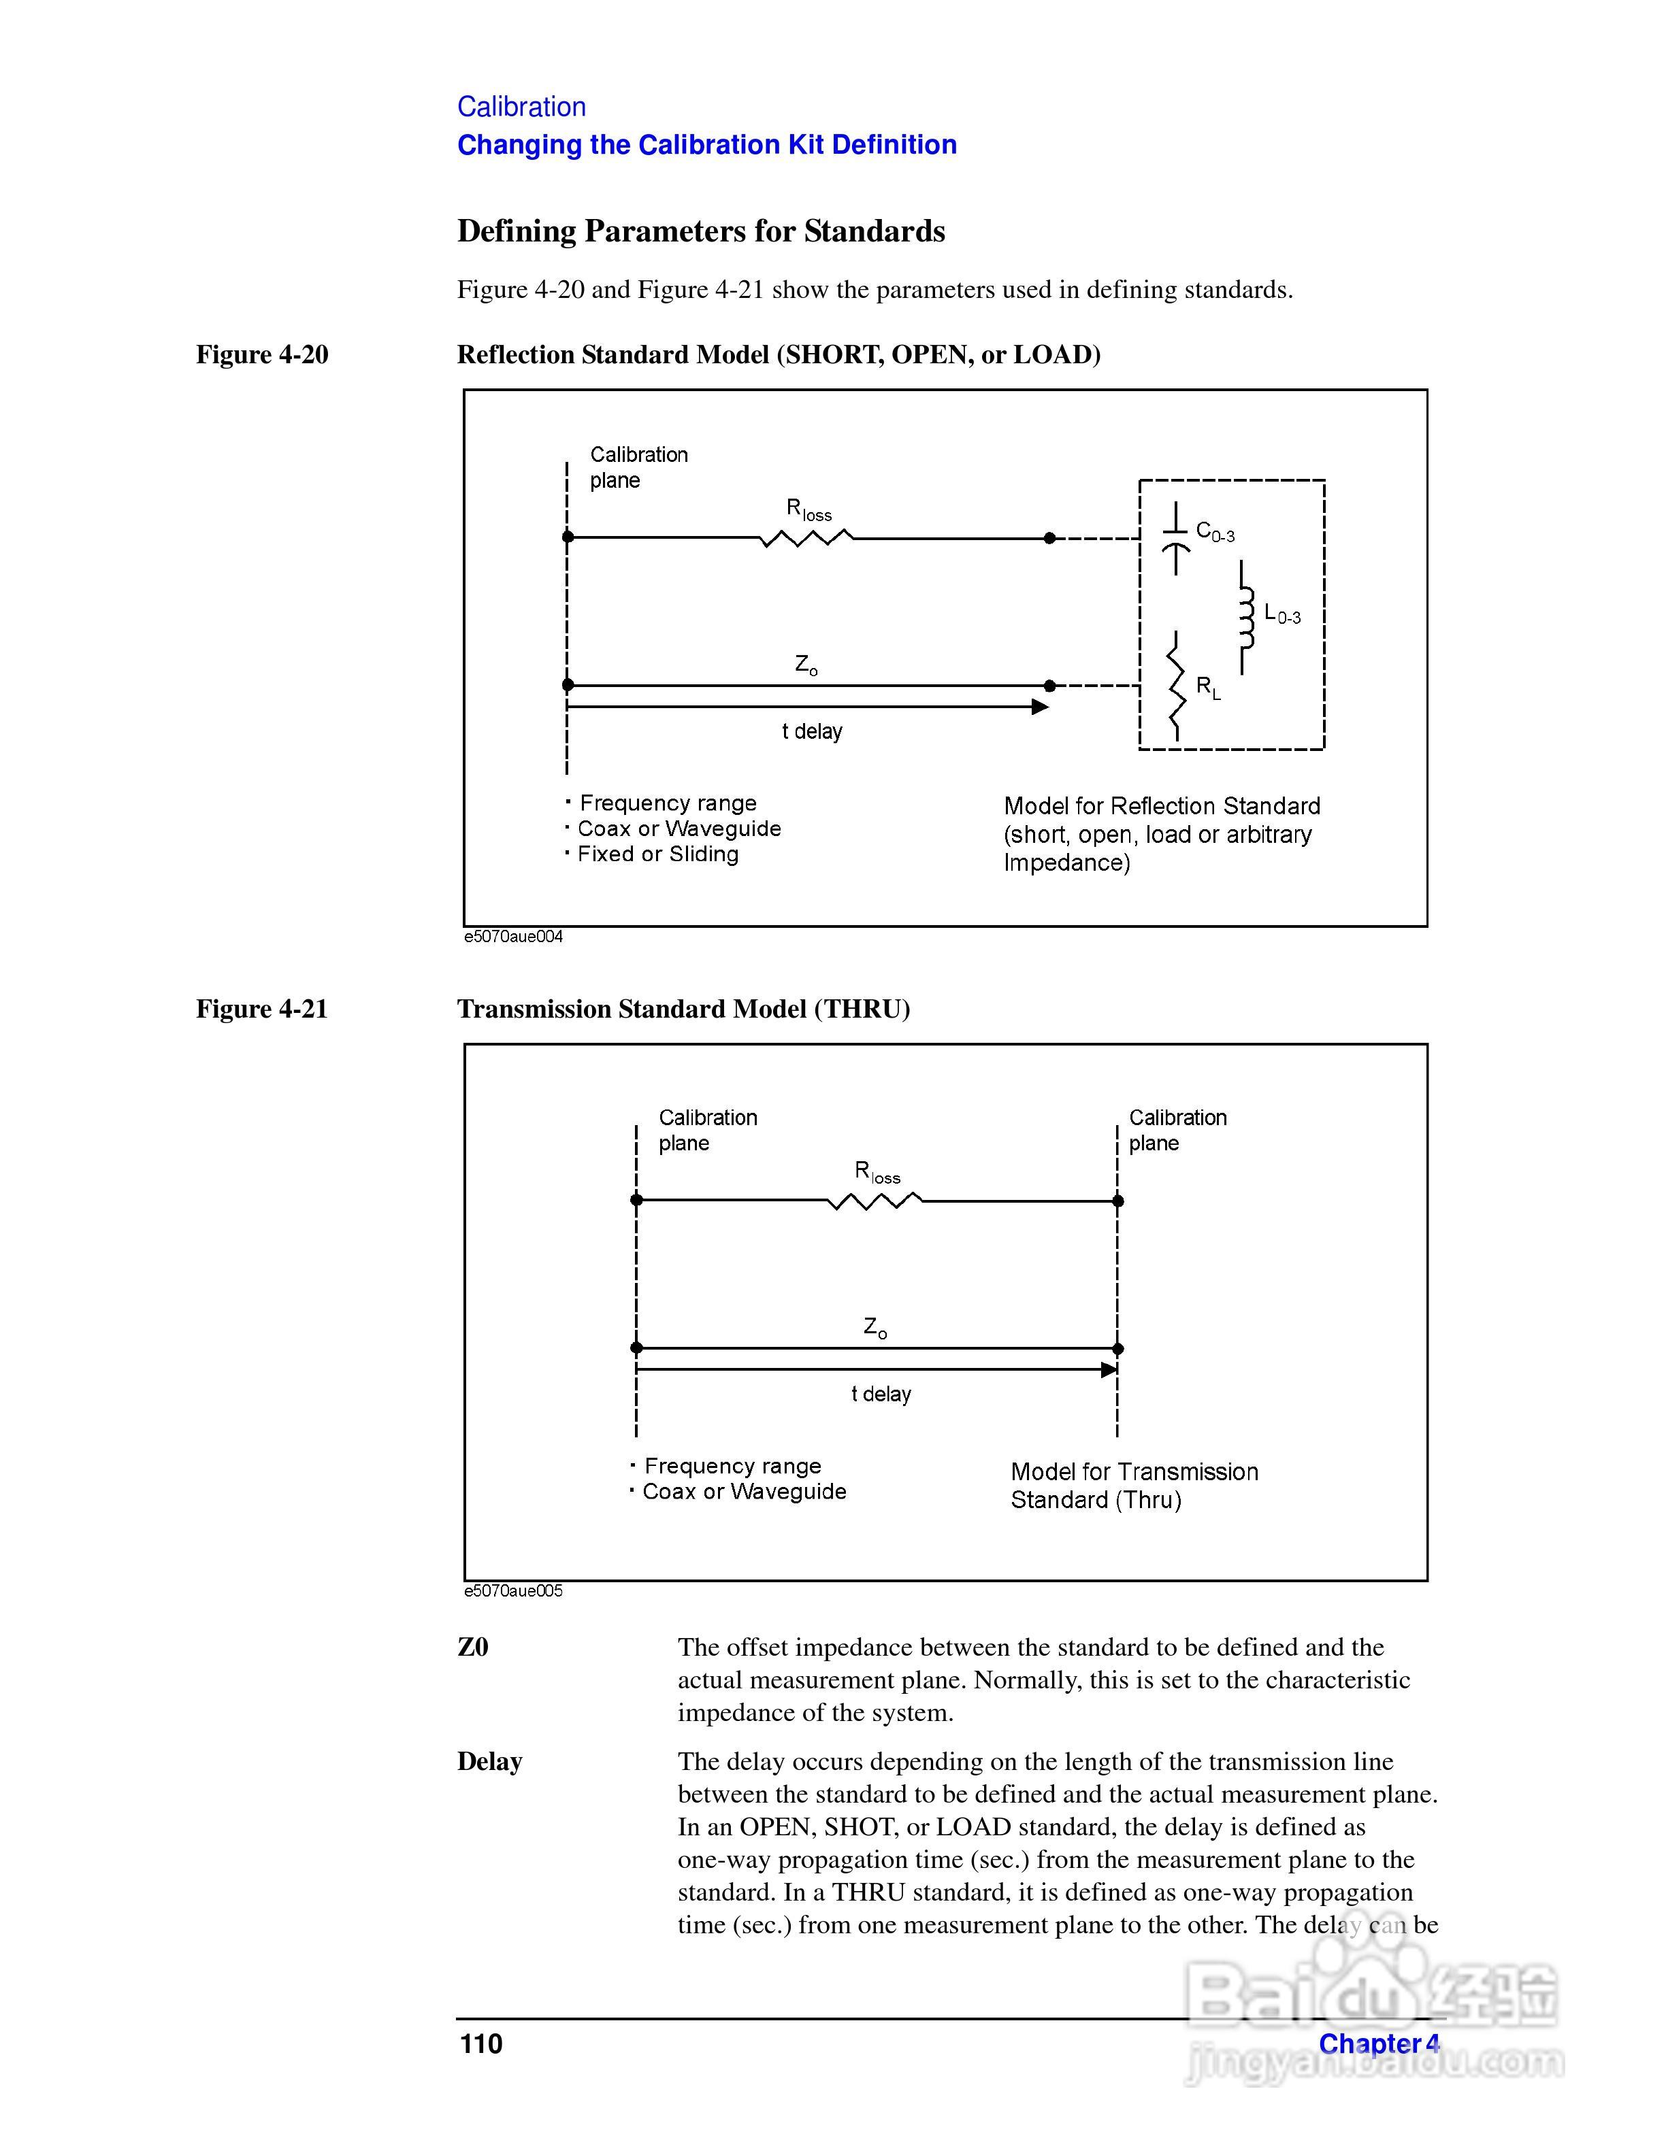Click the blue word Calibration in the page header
[x=521, y=107]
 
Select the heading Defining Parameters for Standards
[x=701, y=231]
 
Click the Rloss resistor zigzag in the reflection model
[x=806, y=538]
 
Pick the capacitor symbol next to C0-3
[x=1175, y=539]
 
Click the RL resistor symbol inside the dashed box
[x=1175, y=688]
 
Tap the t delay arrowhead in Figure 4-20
[x=1039, y=707]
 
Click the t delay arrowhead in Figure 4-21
[x=1109, y=1369]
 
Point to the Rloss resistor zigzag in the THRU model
[x=875, y=1201]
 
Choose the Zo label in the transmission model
[x=875, y=1327]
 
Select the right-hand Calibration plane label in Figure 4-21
[x=1177, y=1130]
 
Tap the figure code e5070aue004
[x=513, y=937]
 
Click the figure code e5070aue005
[x=513, y=1590]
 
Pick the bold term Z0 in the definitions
[x=473, y=1647]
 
